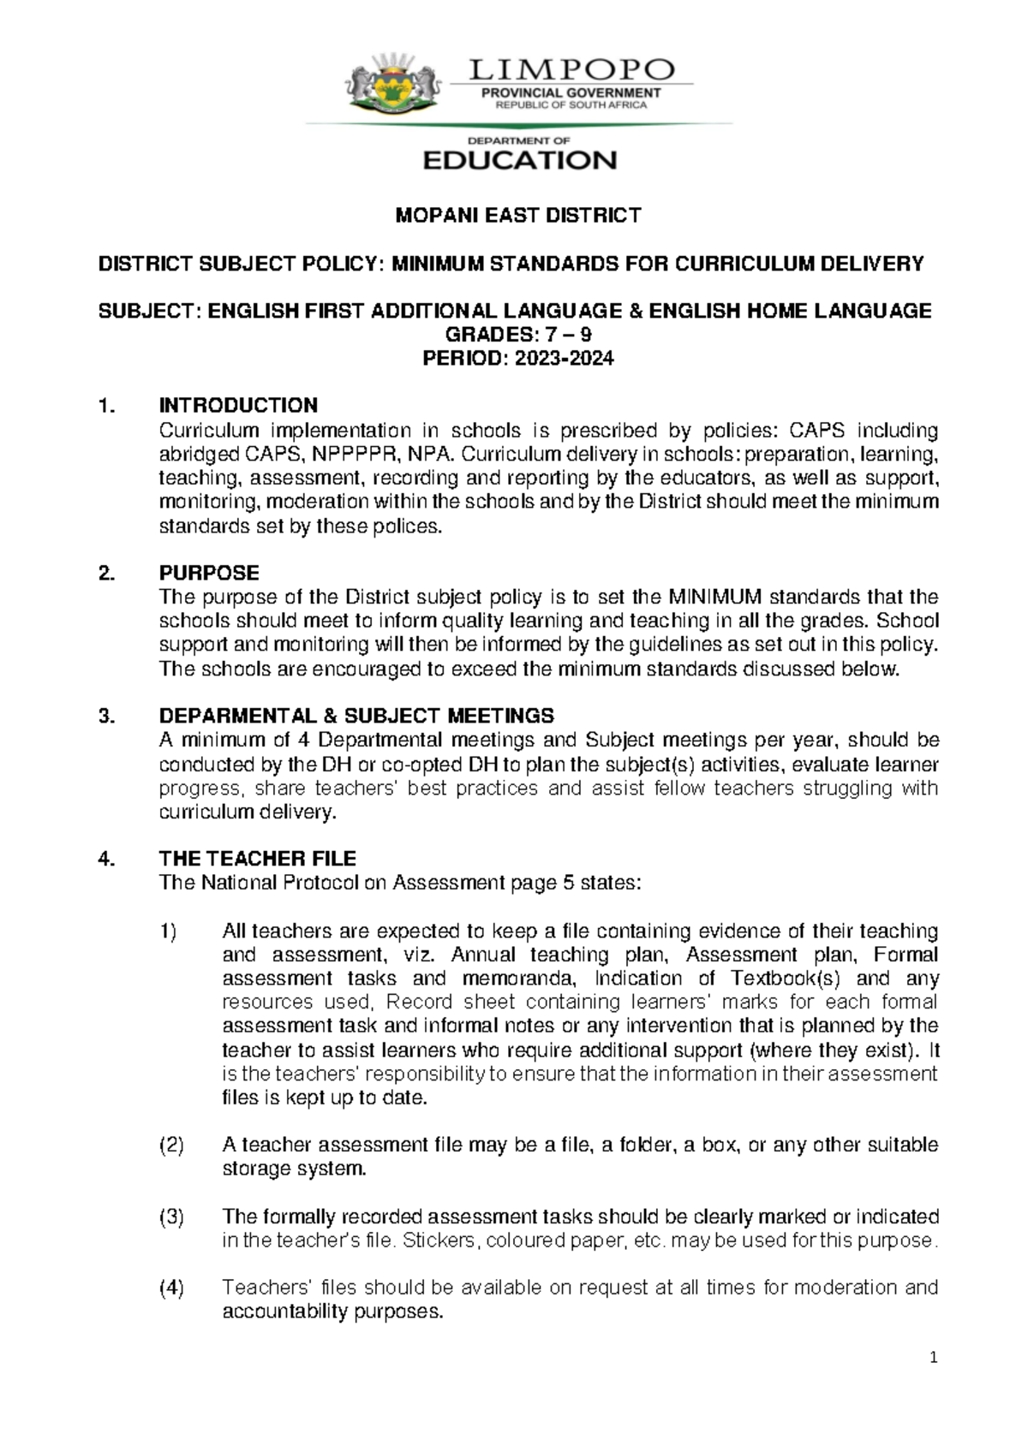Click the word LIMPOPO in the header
[572, 70]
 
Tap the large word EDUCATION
[520, 160]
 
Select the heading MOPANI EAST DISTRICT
[517, 216]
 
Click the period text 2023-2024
[564, 359]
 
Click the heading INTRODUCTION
[238, 405]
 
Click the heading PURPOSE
[209, 573]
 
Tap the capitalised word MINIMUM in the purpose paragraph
[716, 597]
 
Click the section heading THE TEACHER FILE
[257, 859]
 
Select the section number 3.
[106, 716]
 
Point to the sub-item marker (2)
[171, 1145]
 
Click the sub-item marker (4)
[171, 1288]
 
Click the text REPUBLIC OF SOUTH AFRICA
[571, 105]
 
